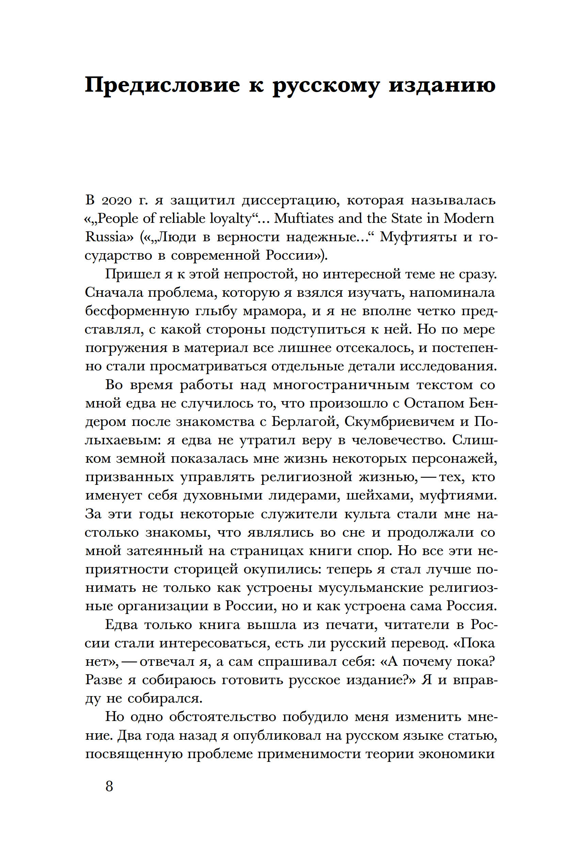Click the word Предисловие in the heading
(x=163, y=85)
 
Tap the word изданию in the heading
(x=442, y=85)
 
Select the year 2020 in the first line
(x=115, y=200)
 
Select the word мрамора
(x=274, y=311)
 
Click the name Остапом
(x=433, y=403)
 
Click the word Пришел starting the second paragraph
(x=132, y=274)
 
